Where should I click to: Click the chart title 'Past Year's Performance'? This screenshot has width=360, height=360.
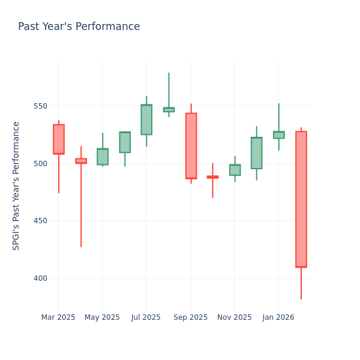point(79,27)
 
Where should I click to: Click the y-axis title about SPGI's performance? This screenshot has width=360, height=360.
point(16,185)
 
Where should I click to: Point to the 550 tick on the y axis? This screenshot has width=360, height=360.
point(40,106)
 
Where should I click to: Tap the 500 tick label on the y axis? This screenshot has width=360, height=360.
point(40,164)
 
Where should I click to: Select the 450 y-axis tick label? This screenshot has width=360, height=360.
point(40,221)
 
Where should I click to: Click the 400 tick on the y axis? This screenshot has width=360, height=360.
point(40,278)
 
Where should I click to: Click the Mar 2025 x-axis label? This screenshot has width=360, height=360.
point(58,317)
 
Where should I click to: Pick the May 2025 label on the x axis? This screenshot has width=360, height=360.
point(102,317)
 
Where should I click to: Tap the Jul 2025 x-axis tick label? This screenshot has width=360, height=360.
point(146,317)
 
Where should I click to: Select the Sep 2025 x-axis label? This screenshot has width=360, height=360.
point(190,317)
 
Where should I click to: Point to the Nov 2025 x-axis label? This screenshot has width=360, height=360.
point(235,317)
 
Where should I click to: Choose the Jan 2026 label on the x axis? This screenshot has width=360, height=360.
point(278,317)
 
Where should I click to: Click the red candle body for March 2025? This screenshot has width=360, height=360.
point(58,139)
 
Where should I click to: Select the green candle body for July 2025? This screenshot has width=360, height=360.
point(146,119)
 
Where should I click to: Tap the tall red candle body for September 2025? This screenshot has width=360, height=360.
point(191,146)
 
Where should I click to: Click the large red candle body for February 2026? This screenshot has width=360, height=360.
point(301,199)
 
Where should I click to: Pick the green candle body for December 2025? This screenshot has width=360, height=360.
point(257,153)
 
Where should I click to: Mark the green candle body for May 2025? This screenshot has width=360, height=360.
point(103,157)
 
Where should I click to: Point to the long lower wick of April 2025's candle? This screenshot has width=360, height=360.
point(80,207)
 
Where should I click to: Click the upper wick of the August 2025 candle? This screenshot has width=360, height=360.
point(169,90)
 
